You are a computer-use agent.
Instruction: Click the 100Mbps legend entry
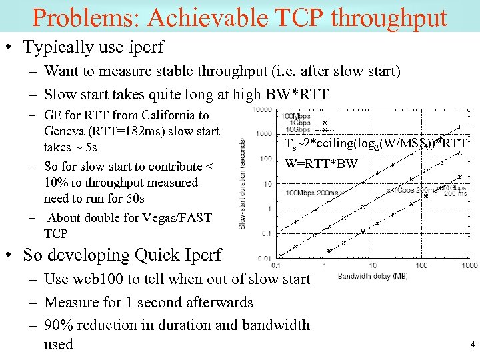[x=295, y=116]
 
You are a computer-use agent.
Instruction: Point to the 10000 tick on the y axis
[x=263, y=109]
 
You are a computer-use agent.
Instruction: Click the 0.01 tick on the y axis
[x=265, y=259]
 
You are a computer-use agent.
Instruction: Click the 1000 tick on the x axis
[x=469, y=265]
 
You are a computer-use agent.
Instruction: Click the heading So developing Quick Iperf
[x=122, y=255]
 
